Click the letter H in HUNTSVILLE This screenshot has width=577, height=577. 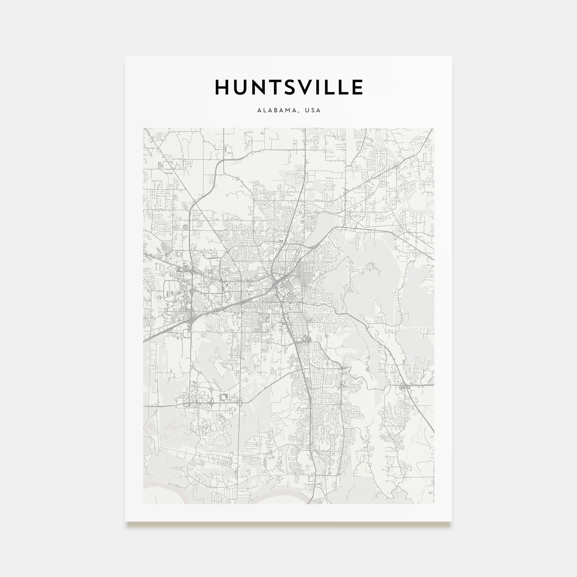(222, 87)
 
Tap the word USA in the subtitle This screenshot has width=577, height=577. (313, 110)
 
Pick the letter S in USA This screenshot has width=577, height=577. (313, 110)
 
